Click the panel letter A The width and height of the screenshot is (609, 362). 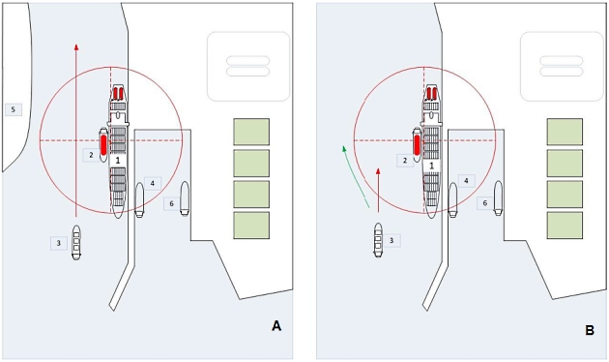coord(276,326)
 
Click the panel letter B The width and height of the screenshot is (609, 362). coord(589,329)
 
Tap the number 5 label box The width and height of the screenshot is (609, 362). coord(13,109)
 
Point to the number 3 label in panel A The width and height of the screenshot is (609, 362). coord(59,243)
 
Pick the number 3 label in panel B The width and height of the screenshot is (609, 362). coord(391,239)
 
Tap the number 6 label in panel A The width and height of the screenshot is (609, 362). coord(171,203)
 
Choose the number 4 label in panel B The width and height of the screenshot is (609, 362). coord(466,181)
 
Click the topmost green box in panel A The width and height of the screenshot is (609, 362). coord(251,132)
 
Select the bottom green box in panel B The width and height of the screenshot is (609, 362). coord(565,226)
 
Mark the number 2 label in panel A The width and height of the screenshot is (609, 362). coord(90,154)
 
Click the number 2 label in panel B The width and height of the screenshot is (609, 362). coord(405,160)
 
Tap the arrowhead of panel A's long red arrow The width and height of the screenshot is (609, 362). coord(76,45)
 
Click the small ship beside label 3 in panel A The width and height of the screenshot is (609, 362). coord(76,238)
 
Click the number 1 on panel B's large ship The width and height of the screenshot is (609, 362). coord(431,166)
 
